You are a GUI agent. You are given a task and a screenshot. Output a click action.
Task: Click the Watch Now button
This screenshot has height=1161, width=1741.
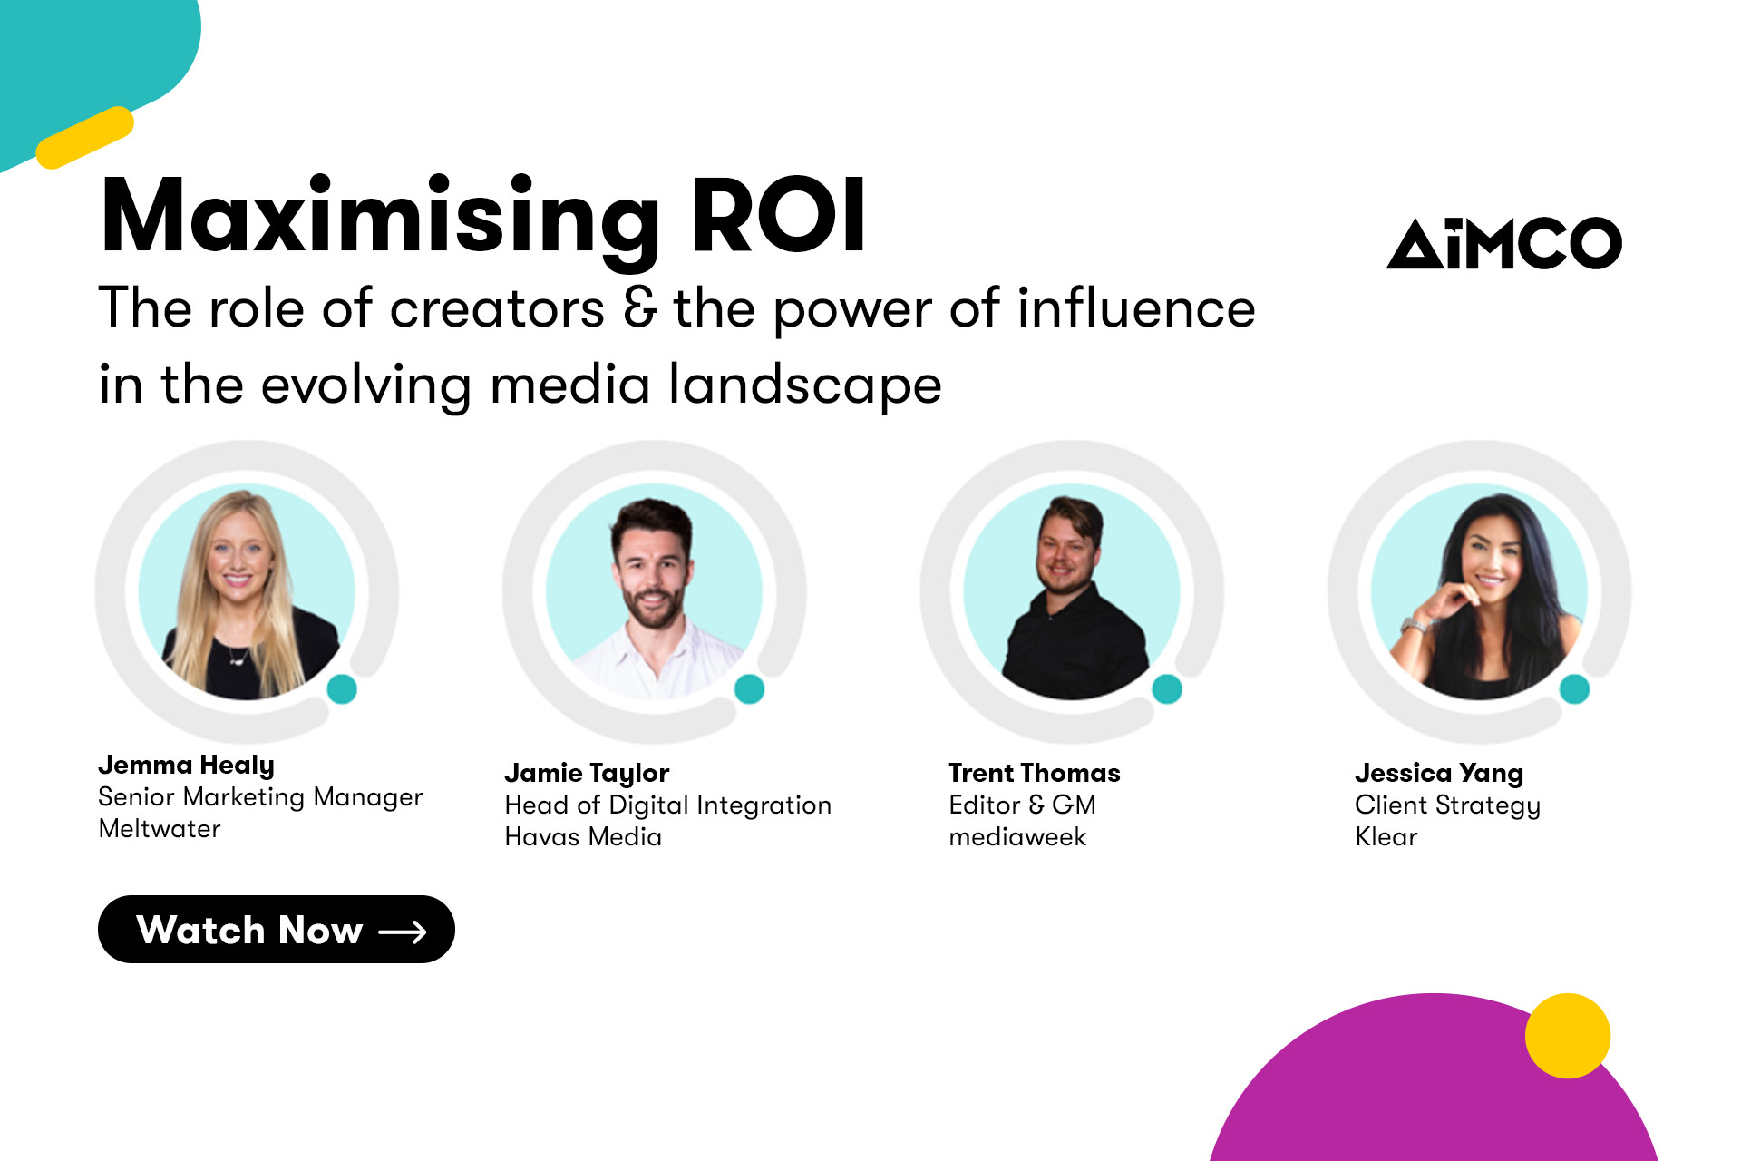point(276,930)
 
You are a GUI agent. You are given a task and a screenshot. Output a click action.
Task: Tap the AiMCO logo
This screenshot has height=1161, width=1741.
point(1503,243)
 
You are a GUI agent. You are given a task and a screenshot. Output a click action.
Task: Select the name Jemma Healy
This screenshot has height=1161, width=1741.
point(186,766)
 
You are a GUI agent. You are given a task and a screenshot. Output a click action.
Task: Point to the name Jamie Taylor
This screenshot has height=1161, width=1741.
point(586,774)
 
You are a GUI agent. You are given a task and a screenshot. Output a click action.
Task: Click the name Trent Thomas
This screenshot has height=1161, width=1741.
point(1034,774)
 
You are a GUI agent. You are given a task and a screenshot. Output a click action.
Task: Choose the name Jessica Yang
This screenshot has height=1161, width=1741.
point(1438,774)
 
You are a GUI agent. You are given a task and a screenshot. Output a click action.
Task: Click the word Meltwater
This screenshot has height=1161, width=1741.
point(160,829)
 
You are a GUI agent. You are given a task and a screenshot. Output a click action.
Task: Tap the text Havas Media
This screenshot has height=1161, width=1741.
point(583,837)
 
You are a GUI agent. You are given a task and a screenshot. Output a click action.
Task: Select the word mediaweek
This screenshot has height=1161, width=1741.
point(1016,837)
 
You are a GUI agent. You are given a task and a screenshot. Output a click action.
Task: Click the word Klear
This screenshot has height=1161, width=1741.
point(1386,837)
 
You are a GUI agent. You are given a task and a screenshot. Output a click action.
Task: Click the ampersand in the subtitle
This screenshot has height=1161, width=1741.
point(639,308)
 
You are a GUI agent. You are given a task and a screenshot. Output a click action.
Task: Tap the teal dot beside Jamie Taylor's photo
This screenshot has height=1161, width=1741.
point(749,689)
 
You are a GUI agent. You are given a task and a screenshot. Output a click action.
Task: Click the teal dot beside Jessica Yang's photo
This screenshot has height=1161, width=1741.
point(1574,689)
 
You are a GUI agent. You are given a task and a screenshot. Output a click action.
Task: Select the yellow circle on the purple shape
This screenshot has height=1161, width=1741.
point(1567,1036)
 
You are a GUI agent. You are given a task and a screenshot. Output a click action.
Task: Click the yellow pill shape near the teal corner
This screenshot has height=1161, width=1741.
point(85,137)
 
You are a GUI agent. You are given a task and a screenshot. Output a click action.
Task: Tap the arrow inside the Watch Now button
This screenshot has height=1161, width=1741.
point(403,932)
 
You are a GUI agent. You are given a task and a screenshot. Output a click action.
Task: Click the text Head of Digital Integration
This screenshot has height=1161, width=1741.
point(667,805)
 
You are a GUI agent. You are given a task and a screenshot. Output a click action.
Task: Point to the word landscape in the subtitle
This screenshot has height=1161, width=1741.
point(805,385)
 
